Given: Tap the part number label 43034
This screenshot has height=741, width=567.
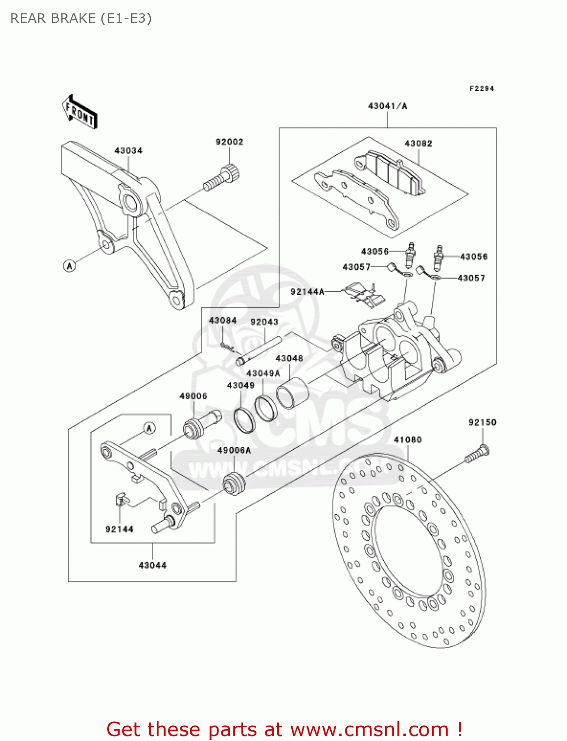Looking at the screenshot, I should (128, 151).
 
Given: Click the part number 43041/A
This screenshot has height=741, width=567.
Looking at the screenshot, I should (387, 106).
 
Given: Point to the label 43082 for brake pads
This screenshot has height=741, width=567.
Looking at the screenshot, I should (418, 144).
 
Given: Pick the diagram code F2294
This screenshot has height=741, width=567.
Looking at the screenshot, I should (481, 88).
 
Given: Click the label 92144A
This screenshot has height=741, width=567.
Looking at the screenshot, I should (307, 292).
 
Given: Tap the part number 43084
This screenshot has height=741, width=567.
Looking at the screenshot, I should (222, 321).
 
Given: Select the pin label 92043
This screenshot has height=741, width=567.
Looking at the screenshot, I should (264, 322).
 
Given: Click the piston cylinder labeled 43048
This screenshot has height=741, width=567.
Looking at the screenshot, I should (292, 392).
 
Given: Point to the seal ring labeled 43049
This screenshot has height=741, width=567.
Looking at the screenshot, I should (244, 419).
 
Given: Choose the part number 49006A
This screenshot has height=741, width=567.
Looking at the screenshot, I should (234, 451).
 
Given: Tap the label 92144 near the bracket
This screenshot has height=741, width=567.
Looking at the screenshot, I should (119, 529).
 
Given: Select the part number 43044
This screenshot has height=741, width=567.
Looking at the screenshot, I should (152, 565).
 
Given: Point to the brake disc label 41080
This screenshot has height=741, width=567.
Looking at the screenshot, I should (407, 440).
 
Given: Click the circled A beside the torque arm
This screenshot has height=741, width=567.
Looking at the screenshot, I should (70, 266).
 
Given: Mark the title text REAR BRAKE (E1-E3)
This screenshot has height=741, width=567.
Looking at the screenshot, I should (81, 18).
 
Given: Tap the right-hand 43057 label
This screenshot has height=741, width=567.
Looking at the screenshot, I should (471, 278).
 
